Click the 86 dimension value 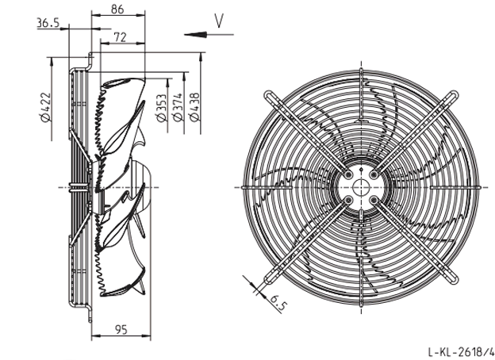click(x=117, y=10)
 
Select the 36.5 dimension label click(x=48, y=23)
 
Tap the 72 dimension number click(x=120, y=37)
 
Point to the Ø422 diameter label click(x=45, y=107)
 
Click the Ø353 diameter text click(x=161, y=108)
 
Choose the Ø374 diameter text click(x=178, y=107)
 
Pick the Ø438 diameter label click(x=194, y=107)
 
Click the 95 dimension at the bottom click(x=121, y=330)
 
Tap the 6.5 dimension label click(x=278, y=303)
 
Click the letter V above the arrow click(x=219, y=21)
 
